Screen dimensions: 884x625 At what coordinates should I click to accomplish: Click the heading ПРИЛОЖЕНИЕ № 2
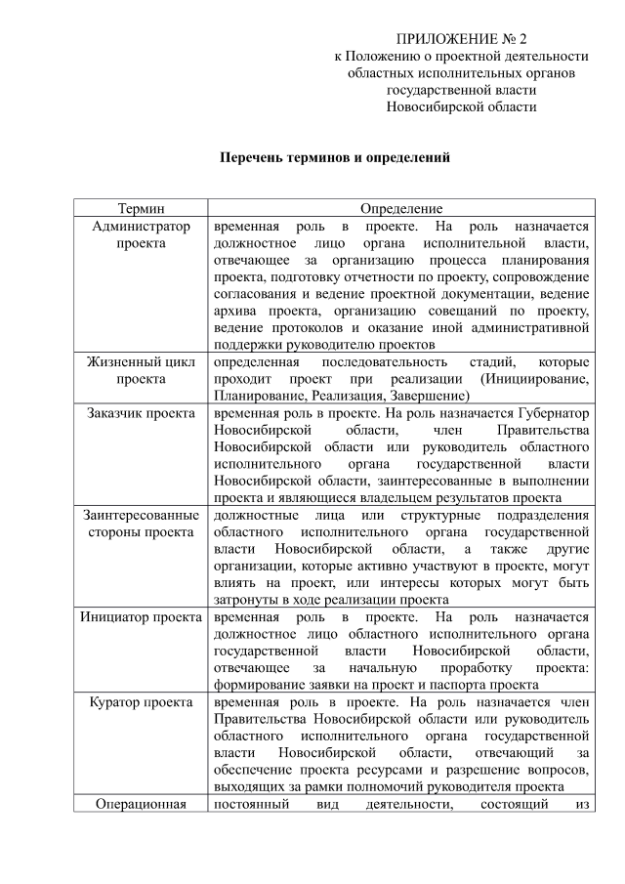pyautogui.click(x=461, y=39)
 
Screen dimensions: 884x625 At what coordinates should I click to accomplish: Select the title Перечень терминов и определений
pyautogui.click(x=334, y=156)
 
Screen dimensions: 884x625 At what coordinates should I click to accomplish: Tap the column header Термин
pyautogui.click(x=142, y=208)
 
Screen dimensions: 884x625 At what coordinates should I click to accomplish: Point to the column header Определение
pyautogui.click(x=401, y=208)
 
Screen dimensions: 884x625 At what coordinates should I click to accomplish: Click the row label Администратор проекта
pyautogui.click(x=142, y=234)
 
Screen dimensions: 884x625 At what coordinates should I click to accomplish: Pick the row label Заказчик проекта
pyautogui.click(x=142, y=413)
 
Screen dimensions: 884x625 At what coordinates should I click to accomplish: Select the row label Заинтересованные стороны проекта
pyautogui.click(x=142, y=520)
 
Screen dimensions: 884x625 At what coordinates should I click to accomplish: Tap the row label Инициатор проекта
pyautogui.click(x=142, y=617)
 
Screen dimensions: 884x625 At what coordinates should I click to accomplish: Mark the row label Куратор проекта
pyautogui.click(x=142, y=701)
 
